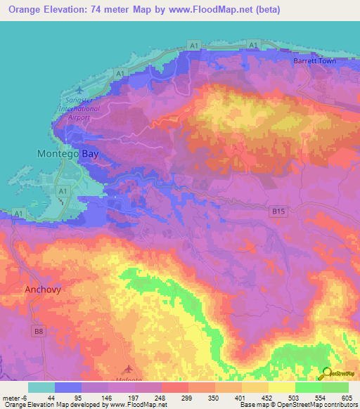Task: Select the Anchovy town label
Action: (45, 289)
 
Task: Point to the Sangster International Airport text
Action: (85, 110)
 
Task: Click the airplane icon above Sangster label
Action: (78, 91)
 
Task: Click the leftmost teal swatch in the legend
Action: (41, 387)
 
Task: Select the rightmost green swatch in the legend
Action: (335, 387)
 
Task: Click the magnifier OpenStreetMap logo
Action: (326, 374)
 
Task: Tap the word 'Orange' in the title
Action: (25, 10)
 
